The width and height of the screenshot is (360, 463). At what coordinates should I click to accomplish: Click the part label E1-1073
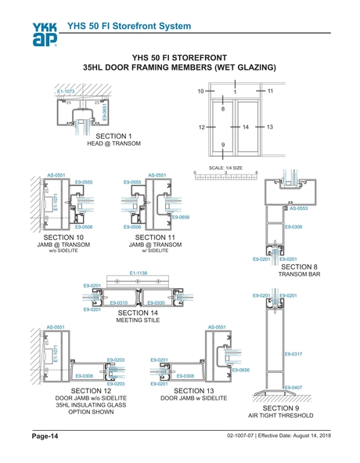click(x=67, y=92)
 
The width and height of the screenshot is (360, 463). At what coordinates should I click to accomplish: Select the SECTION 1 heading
click(x=113, y=137)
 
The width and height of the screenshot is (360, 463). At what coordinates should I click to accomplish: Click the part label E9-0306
click(x=293, y=226)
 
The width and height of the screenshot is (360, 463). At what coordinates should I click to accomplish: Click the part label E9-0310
click(x=119, y=302)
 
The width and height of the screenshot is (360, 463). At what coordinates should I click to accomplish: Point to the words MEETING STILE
click(x=136, y=321)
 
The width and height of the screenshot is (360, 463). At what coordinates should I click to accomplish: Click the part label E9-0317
click(x=293, y=354)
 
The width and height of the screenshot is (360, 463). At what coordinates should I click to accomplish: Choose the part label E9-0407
click(x=293, y=388)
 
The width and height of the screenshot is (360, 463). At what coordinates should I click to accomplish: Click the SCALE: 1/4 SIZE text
click(x=226, y=168)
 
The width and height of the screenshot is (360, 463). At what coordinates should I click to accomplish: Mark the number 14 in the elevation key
click(x=245, y=126)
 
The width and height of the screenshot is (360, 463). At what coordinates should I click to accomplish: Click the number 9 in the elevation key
click(x=223, y=145)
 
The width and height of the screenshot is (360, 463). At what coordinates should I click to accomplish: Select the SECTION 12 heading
click(x=90, y=390)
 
